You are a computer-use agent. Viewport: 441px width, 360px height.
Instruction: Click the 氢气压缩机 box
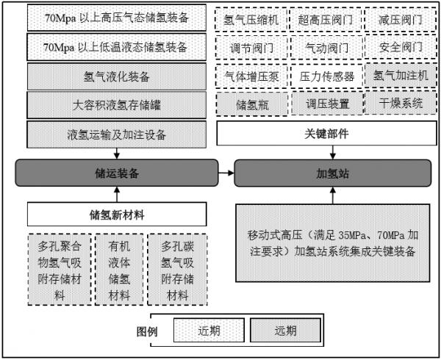pos(251,20)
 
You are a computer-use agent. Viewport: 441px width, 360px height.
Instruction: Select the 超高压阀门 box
pos(326,20)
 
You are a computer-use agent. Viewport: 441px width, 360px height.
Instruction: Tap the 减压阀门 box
pos(401,20)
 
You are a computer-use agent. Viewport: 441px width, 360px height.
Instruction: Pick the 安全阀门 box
pos(401,47)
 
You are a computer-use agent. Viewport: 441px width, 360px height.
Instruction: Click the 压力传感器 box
pos(326,76)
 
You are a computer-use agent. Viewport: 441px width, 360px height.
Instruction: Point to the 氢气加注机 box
pos(401,76)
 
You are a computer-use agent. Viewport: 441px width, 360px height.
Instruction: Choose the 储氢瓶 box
pos(252,104)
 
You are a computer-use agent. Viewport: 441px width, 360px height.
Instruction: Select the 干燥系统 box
pos(401,103)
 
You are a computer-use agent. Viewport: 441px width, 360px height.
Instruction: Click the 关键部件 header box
pos(326,133)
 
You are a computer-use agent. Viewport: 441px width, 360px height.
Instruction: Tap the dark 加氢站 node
pos(333,173)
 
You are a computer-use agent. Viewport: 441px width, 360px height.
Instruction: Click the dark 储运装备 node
pos(117,173)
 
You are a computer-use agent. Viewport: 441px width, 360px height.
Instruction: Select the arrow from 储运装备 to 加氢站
pos(226,173)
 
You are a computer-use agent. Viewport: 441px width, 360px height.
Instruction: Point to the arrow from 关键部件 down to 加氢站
pos(333,152)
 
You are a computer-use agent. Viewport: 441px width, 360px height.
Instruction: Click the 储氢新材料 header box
pos(117,215)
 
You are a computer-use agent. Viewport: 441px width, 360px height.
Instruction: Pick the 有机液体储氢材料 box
pos(119,270)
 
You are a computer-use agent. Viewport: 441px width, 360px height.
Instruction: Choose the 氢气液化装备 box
pos(116,76)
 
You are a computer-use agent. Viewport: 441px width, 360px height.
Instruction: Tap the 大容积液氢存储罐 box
pos(116,105)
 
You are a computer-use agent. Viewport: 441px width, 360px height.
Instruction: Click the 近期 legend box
pos(209,330)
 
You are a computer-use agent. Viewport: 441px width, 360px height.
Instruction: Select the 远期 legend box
pos(285,330)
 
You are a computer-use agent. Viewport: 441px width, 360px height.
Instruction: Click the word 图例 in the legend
pos(147,331)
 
